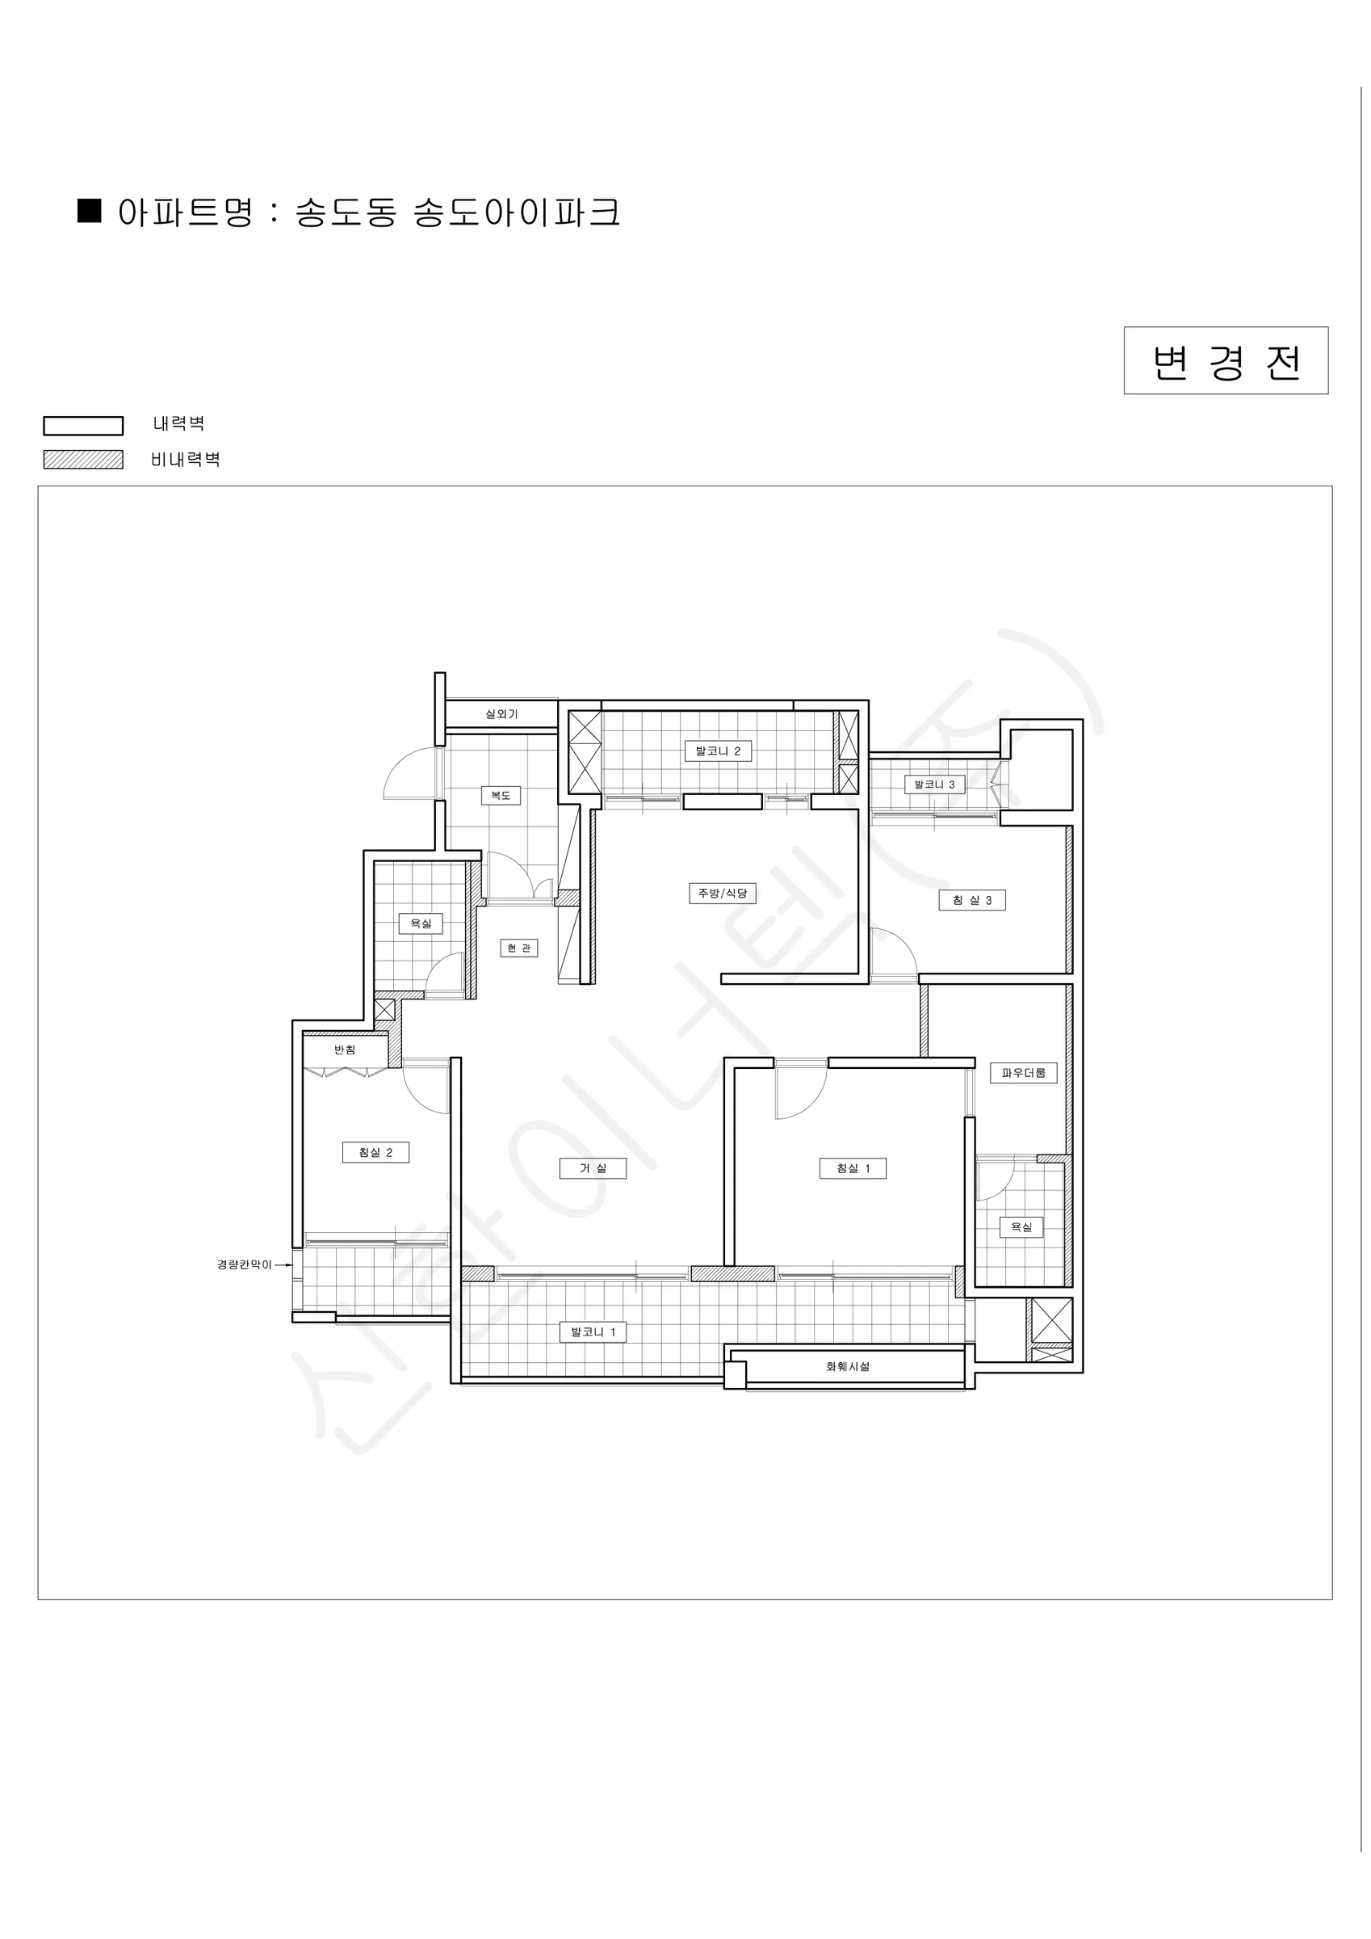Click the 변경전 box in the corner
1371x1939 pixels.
pos(1225,360)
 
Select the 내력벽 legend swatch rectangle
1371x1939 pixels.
pos(82,426)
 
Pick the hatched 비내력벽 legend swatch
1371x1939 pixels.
pos(82,460)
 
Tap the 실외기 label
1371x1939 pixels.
pos(501,714)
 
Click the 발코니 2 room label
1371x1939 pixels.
pos(718,751)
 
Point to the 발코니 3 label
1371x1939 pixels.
pos(934,784)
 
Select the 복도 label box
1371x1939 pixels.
pos(501,796)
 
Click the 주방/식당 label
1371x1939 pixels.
pos(723,894)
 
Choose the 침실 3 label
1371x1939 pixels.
pos(971,900)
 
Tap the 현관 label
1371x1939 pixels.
pos(518,948)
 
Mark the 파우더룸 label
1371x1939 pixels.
pos(1023,1074)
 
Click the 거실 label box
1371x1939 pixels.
pos(593,1169)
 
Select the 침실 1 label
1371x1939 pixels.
pos(853,1169)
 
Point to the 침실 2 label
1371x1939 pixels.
pos(375,1153)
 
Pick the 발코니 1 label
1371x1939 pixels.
pos(593,1332)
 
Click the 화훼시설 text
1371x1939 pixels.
pos(848,1366)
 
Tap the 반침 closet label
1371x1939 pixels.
pos(345,1049)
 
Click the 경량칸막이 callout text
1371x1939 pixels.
pos(245,1265)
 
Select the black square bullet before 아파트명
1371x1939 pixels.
pos(90,210)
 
